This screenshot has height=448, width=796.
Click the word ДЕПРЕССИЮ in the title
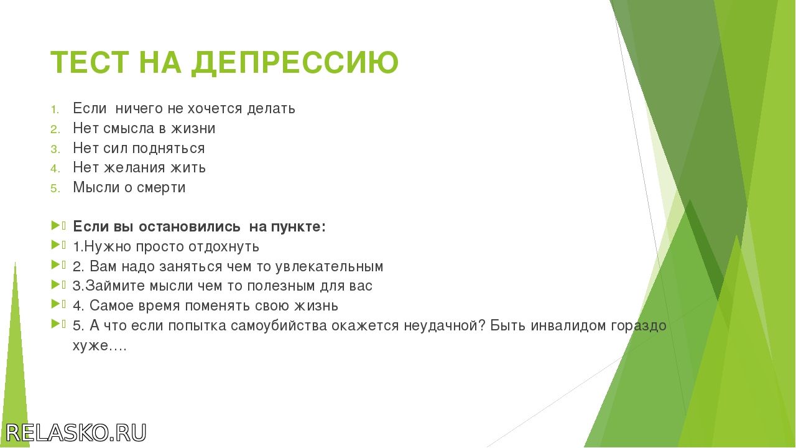point(295,63)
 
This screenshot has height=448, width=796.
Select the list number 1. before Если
point(55,110)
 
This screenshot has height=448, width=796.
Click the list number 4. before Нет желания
point(55,169)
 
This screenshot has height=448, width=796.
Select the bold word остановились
point(190,227)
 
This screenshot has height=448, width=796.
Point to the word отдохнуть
point(223,247)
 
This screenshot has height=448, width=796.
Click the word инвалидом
point(568,325)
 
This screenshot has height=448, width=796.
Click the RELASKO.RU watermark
point(76,432)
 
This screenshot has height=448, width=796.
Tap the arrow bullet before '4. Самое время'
point(56,304)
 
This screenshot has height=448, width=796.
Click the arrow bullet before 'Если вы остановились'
point(56,225)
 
